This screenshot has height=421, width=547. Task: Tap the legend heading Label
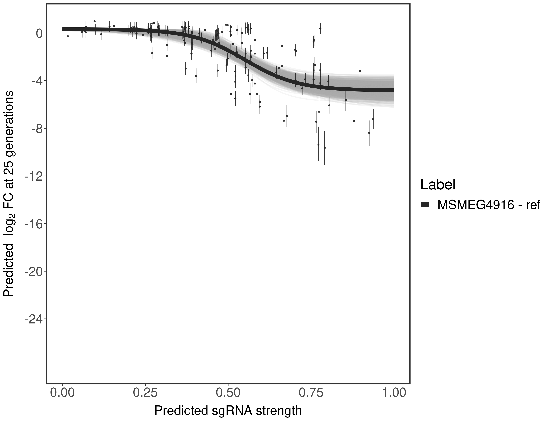coord(438,185)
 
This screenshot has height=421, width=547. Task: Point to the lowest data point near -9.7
coord(325,148)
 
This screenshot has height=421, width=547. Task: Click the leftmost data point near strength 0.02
coord(68,36)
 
